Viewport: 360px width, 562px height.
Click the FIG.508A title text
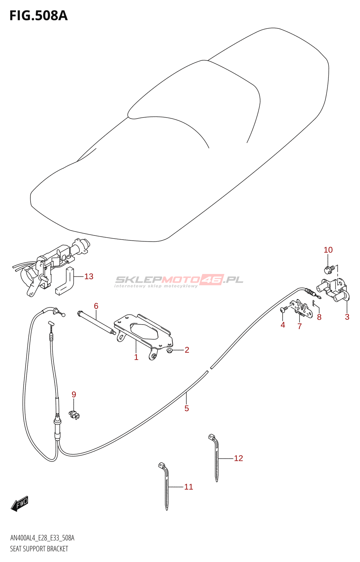click(x=38, y=16)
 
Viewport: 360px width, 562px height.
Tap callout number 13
click(x=89, y=276)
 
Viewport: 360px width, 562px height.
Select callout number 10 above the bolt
click(x=328, y=250)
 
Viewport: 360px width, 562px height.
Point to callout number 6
click(x=96, y=306)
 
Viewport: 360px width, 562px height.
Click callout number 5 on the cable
click(x=187, y=408)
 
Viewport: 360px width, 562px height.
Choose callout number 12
click(x=238, y=458)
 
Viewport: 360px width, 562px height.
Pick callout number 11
click(x=189, y=487)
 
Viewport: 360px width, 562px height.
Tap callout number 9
click(x=74, y=394)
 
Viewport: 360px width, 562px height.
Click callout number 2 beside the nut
click(x=187, y=350)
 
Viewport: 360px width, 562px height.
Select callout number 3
click(x=347, y=317)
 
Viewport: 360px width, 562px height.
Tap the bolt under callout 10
click(x=329, y=269)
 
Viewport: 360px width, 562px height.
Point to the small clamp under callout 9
click(x=74, y=414)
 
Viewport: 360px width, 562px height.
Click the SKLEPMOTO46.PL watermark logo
click(x=179, y=280)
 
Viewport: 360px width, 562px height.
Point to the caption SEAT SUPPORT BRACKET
click(x=39, y=549)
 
